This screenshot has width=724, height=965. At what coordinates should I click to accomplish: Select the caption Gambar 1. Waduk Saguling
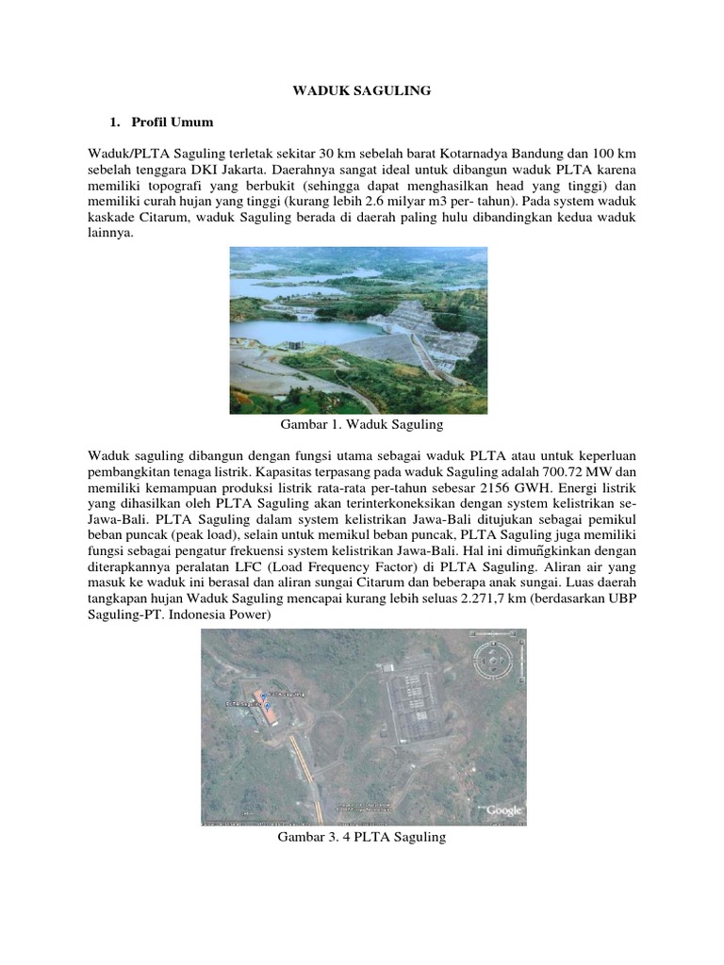click(x=358, y=425)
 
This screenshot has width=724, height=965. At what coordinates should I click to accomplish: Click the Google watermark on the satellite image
click(x=503, y=810)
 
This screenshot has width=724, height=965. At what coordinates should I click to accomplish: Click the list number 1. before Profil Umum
click(x=114, y=123)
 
